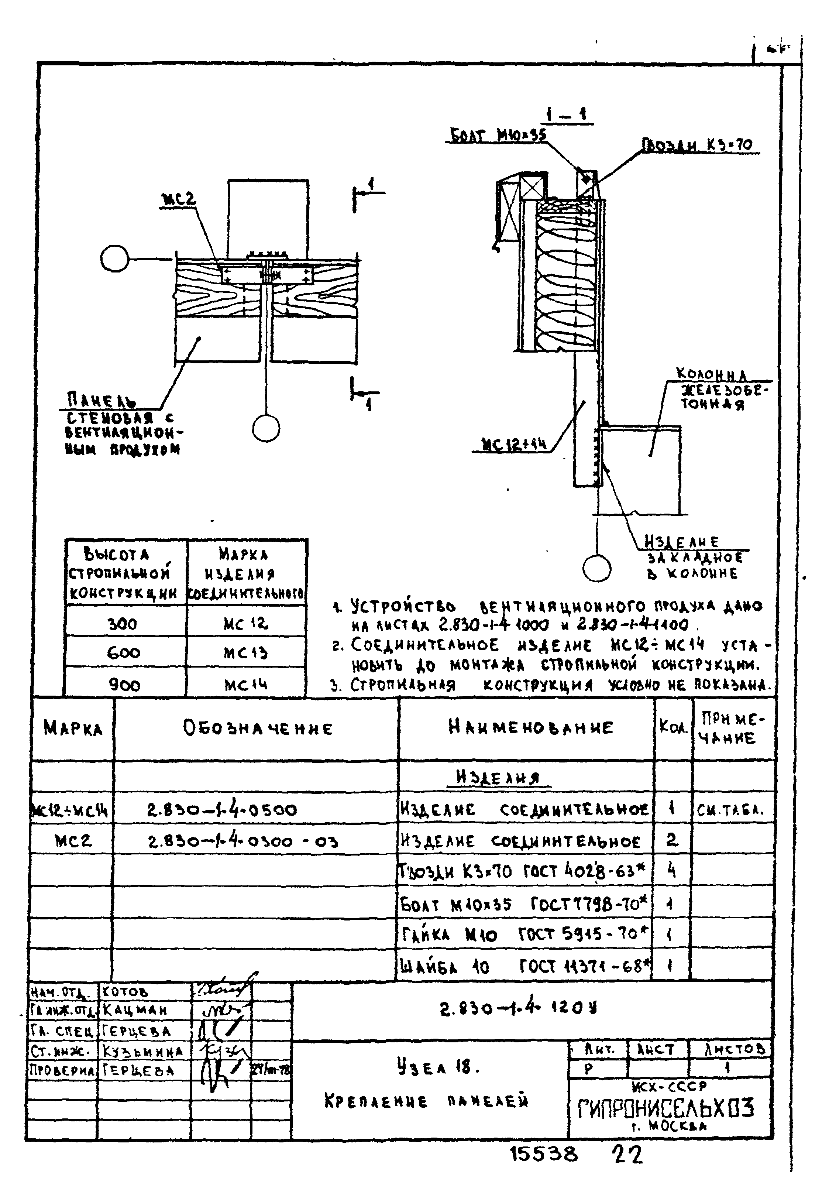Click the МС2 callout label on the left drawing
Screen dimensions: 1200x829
click(x=179, y=199)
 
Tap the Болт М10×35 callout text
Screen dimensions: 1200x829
click(x=498, y=136)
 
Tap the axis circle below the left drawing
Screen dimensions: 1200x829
click(x=266, y=429)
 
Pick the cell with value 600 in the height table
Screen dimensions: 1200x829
click(x=124, y=652)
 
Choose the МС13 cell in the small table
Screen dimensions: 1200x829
click(x=245, y=652)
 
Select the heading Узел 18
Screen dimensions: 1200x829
click(x=437, y=1067)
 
